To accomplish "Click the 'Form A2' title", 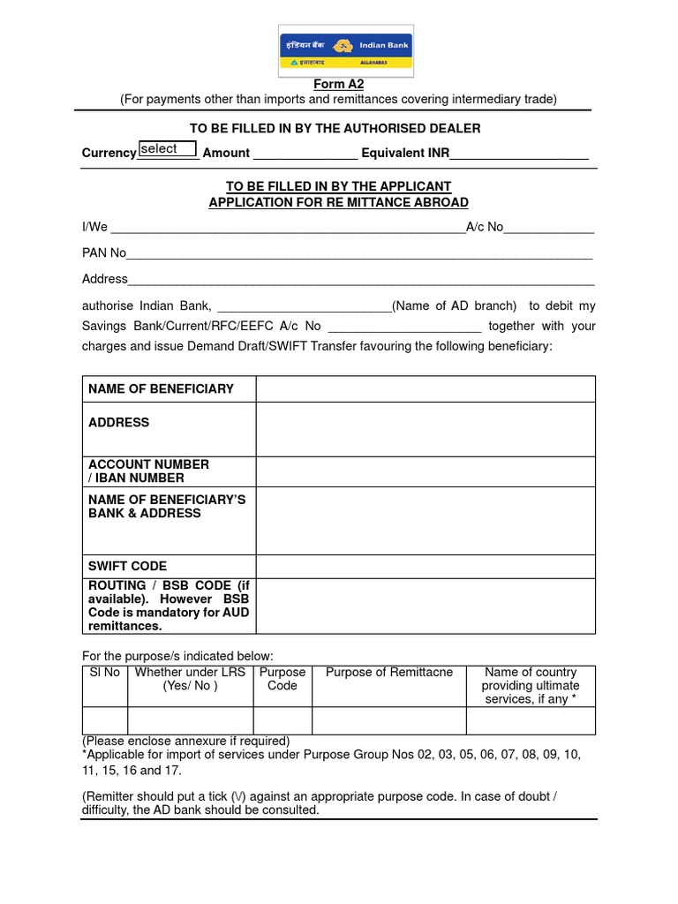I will click(338, 84).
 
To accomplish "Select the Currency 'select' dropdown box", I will click(167, 149).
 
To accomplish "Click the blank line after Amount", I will click(305, 154).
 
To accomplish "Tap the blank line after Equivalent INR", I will click(519, 154).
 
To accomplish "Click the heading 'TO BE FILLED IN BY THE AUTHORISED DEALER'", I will click(338, 129).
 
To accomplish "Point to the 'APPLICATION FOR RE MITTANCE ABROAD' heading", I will click(338, 202).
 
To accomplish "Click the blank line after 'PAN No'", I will click(359, 254).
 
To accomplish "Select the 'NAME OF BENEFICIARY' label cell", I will click(169, 388).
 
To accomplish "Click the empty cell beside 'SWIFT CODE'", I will click(426, 566).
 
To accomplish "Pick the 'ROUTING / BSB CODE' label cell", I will click(169, 606).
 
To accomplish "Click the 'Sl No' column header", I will click(105, 673).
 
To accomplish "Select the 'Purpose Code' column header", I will click(282, 679).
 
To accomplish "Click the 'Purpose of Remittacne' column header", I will click(389, 673).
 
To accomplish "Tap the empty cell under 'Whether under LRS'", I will click(190, 720).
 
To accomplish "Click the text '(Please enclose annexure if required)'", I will click(185, 742).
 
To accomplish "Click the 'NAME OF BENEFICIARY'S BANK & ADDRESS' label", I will click(169, 506).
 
